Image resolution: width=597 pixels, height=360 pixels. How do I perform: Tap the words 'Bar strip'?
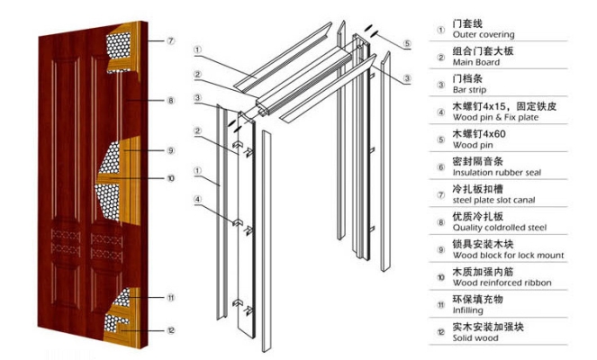point(471,91)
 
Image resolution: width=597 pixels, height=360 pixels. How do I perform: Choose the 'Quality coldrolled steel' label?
point(500,229)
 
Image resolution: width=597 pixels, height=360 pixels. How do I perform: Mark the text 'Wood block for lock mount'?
point(508,256)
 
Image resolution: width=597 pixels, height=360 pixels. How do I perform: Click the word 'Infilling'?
point(468,310)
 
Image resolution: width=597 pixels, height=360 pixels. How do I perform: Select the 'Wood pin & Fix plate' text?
point(495,119)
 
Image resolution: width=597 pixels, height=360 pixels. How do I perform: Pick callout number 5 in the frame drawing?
point(407,43)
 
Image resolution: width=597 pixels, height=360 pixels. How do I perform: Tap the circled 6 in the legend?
point(439,166)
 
